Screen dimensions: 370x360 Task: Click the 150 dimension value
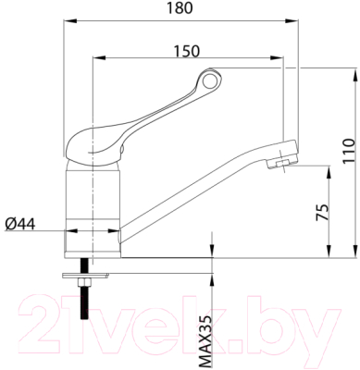tap(188, 51)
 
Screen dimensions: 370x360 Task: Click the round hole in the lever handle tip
tap(212, 84)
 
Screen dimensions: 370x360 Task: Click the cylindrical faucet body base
tap(93, 213)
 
